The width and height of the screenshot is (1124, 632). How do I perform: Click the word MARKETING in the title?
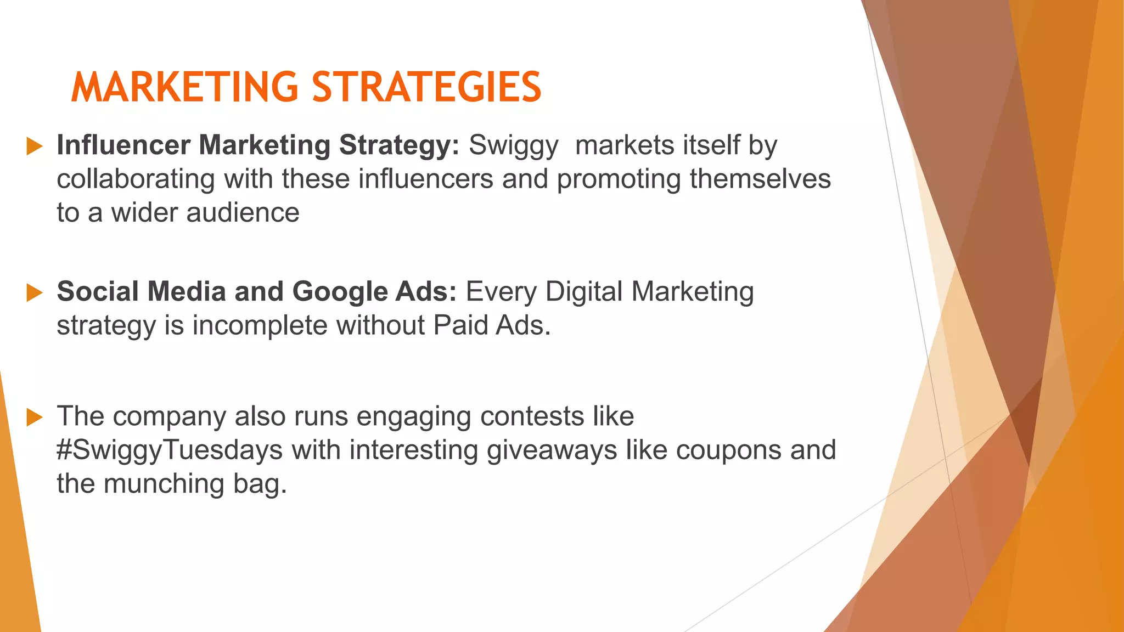point(184,87)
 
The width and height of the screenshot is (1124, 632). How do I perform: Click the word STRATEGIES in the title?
point(426,87)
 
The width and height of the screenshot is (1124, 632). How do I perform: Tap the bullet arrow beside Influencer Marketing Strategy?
point(35,146)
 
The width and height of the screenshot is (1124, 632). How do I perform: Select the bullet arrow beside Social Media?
point(35,293)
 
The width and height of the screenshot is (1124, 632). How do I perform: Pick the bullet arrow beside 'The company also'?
point(35,417)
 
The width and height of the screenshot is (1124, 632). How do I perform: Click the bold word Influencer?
point(123,145)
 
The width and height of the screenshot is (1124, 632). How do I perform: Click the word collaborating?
point(136,180)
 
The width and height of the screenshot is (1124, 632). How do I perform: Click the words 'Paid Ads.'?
point(492,326)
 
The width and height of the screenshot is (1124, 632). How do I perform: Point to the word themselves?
point(760,179)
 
